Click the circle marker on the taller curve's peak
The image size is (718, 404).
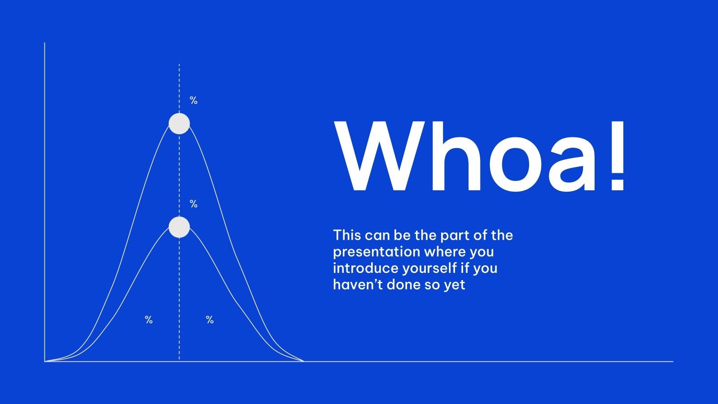179,123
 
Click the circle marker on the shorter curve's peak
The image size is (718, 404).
179,227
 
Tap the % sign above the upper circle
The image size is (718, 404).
193,101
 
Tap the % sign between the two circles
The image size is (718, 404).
193,204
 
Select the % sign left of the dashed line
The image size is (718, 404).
149,320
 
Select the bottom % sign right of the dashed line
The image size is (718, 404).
210,320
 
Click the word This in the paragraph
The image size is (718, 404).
347,235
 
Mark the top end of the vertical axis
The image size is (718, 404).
44,44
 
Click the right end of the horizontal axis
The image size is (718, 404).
672,361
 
